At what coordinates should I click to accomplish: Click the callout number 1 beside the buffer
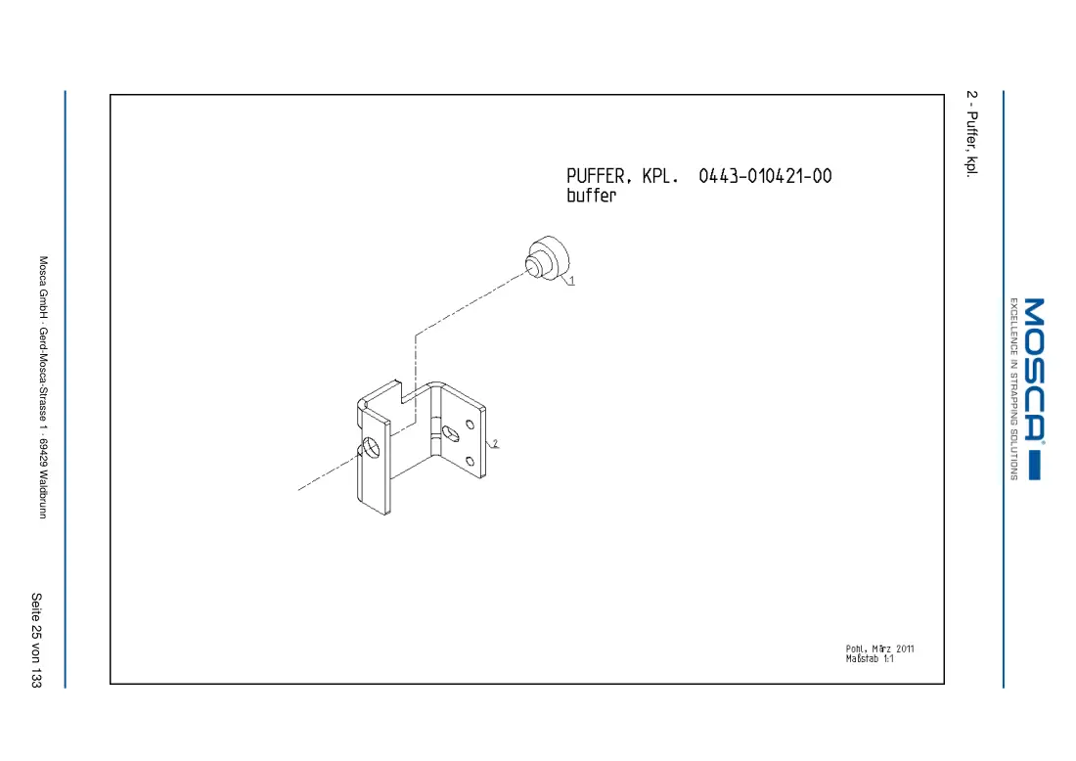pyautogui.click(x=572, y=281)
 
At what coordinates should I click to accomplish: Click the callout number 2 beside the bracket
pyautogui.click(x=496, y=444)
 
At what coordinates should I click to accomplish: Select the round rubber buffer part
pyautogui.click(x=548, y=258)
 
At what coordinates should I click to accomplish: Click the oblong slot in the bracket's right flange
pyautogui.click(x=450, y=433)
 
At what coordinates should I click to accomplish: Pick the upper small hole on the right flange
pyautogui.click(x=471, y=425)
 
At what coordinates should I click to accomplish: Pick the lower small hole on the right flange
pyautogui.click(x=471, y=462)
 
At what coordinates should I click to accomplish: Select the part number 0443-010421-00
pyautogui.click(x=765, y=176)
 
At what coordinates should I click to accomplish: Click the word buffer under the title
pyautogui.click(x=592, y=196)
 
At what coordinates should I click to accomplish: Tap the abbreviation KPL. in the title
pyautogui.click(x=660, y=176)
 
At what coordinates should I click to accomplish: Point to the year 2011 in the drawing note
pyautogui.click(x=905, y=649)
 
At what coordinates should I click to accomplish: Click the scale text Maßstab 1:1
pyautogui.click(x=871, y=658)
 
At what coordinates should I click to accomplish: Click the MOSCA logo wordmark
pyautogui.click(x=1034, y=369)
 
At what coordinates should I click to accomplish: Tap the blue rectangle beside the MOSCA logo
pyautogui.click(x=1035, y=466)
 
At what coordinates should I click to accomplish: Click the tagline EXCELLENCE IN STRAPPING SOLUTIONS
pyautogui.click(x=1013, y=388)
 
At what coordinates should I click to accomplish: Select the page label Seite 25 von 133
pyautogui.click(x=36, y=641)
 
